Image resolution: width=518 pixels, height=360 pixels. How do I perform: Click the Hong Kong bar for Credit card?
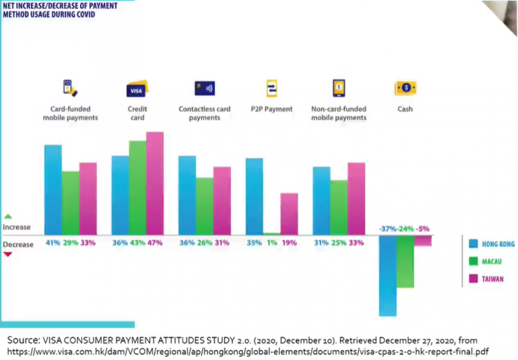pyautogui.click(x=120, y=195)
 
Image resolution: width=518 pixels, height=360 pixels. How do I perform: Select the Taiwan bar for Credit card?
pyautogui.click(x=155, y=183)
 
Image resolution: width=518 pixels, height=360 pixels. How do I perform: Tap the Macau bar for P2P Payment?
pyautogui.click(x=272, y=234)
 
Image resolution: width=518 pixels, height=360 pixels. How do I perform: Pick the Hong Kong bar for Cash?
pyautogui.click(x=387, y=276)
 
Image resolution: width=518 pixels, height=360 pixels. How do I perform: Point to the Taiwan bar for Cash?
pyautogui.click(x=423, y=241)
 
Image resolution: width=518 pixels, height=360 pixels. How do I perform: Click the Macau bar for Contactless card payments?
pyautogui.click(x=205, y=206)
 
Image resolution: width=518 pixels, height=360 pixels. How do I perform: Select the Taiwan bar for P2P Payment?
pyautogui.click(x=289, y=214)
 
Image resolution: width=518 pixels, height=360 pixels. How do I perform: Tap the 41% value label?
pyautogui.click(x=53, y=243)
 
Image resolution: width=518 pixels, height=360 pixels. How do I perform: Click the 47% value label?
pyautogui.click(x=155, y=243)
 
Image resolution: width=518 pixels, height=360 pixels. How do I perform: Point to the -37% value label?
pyautogui.click(x=387, y=229)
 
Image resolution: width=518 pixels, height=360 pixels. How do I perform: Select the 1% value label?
pyautogui.click(x=272, y=243)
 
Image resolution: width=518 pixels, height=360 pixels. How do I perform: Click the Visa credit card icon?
pyautogui.click(x=137, y=89)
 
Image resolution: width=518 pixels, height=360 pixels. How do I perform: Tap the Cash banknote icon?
pyautogui.click(x=405, y=88)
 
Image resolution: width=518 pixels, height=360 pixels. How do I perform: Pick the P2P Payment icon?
pyautogui.click(x=272, y=88)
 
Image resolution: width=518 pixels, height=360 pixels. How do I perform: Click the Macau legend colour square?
pyautogui.click(x=473, y=261)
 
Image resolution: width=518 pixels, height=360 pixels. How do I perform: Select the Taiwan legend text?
pyautogui.click(x=492, y=279)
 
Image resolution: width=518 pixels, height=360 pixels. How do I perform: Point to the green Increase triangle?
pyautogui.click(x=8, y=216)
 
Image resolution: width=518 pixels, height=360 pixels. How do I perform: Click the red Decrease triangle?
pyautogui.click(x=8, y=254)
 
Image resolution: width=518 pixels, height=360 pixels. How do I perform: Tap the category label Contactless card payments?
pyautogui.click(x=205, y=113)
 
